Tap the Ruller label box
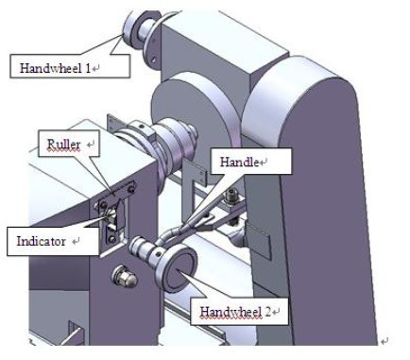[x=74, y=146]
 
